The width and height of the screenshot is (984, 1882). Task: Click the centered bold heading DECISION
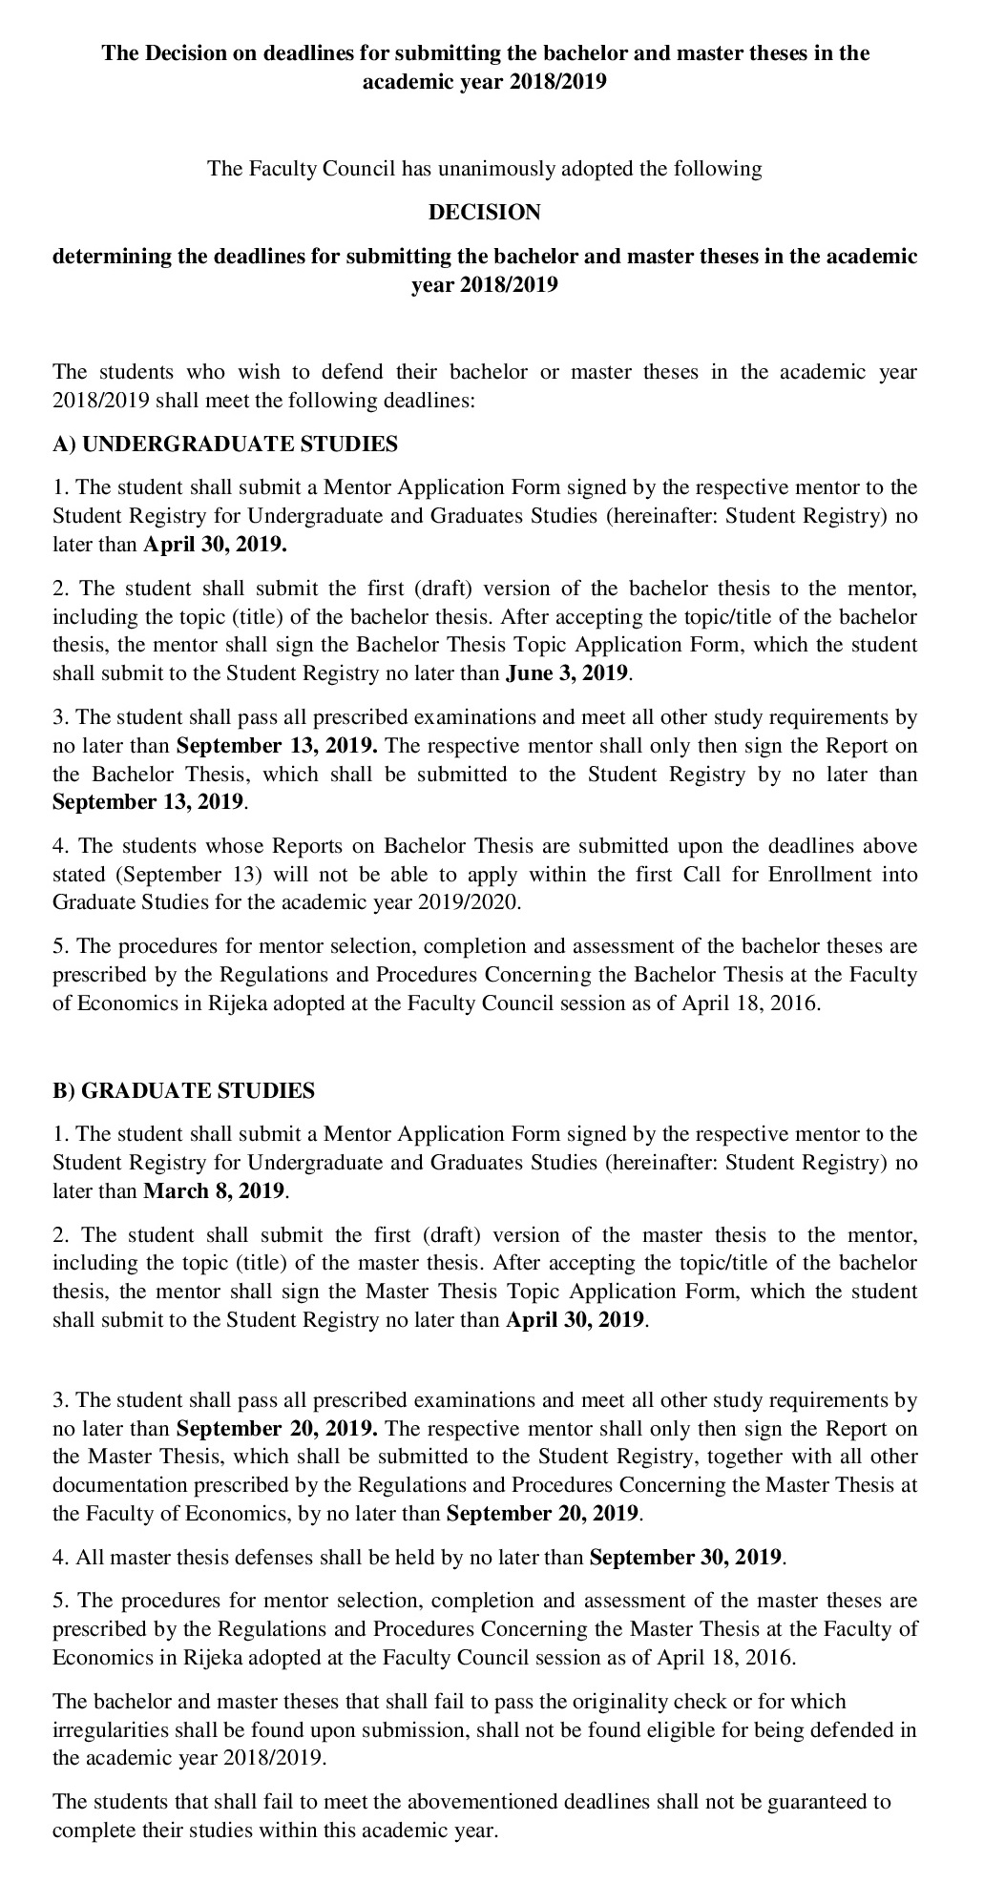click(x=485, y=213)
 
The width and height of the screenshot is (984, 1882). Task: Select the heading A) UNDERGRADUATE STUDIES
click(x=225, y=445)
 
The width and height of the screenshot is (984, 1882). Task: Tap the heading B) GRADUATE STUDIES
click(x=183, y=1091)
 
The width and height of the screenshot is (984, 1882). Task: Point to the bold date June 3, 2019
click(x=567, y=673)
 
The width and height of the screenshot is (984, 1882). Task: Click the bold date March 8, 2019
click(x=214, y=1191)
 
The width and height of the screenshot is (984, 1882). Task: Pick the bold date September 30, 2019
click(x=686, y=1558)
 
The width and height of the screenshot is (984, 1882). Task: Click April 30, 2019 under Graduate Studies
click(x=576, y=1321)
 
